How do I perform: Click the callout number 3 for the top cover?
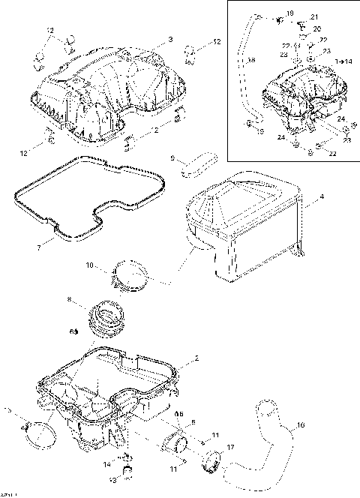coord(170,38)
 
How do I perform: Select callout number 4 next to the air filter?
coord(322,196)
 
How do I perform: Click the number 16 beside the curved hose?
coord(301,425)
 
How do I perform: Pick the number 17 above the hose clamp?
coord(230,448)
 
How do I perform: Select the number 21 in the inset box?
coord(313,16)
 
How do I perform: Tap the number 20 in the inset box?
coord(316,28)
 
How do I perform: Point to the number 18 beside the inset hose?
coord(250,60)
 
